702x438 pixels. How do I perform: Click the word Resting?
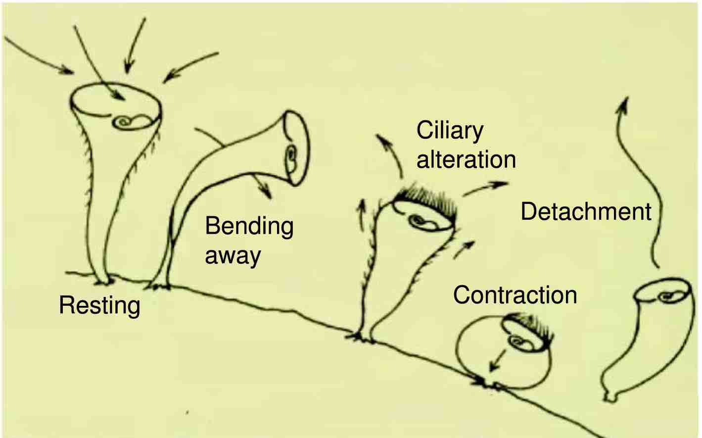(99, 305)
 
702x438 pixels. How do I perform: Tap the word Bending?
(249, 226)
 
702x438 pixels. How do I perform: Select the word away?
(233, 256)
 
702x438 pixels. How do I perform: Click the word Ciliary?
(450, 131)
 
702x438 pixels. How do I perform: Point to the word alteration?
(466, 159)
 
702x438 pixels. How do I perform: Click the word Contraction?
(515, 295)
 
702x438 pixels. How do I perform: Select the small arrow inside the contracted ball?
(497, 361)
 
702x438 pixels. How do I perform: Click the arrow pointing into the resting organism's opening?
(99, 63)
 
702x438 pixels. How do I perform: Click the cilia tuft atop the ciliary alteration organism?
(426, 200)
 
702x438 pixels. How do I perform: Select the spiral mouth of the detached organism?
(667, 296)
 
